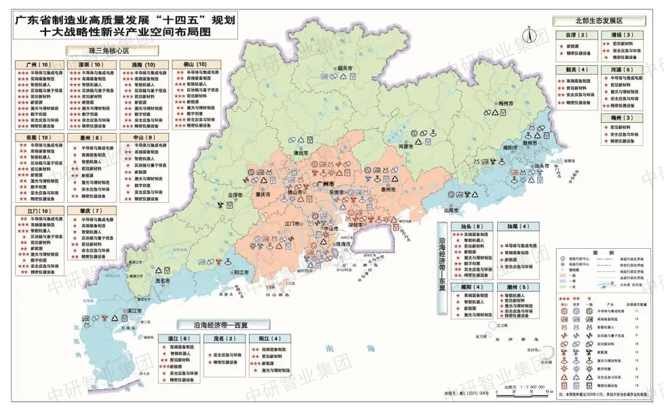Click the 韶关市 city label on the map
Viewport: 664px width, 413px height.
click(x=345, y=68)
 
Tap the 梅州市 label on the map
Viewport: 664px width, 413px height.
click(x=508, y=104)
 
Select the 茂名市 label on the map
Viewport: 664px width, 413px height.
click(x=162, y=281)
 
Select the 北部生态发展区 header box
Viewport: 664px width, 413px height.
click(x=598, y=21)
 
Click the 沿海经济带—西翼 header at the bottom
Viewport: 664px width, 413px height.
click(x=222, y=324)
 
